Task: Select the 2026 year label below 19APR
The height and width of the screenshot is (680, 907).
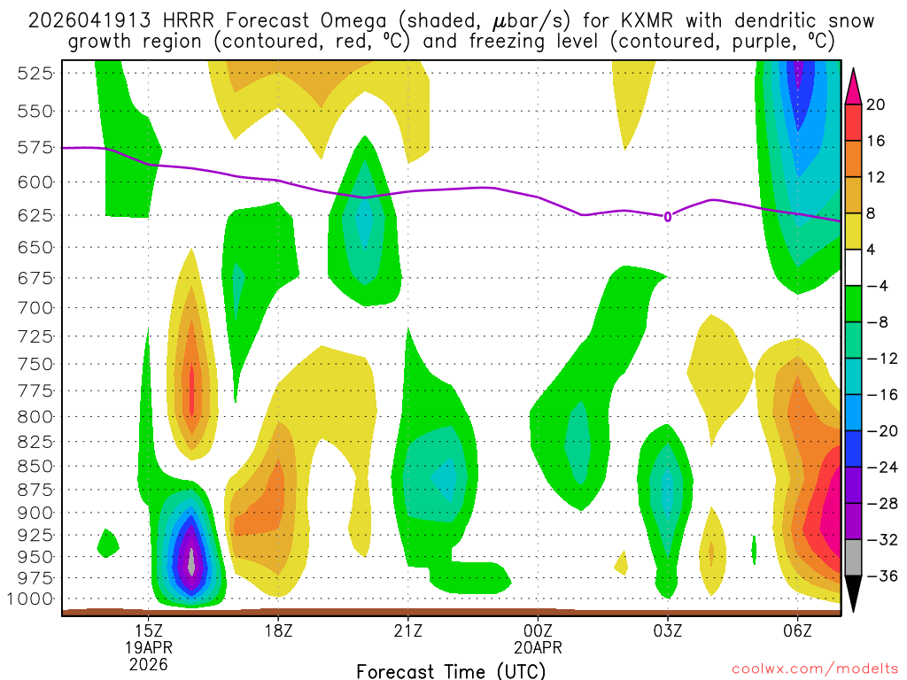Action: pos(148,663)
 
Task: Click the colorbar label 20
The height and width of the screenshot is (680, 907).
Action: pos(876,104)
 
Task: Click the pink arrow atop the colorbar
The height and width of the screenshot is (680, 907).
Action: pos(854,85)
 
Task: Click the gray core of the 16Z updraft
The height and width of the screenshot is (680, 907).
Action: pos(190,560)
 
